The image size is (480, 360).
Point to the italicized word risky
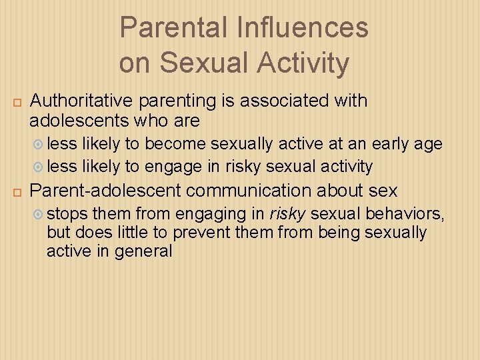[287, 214]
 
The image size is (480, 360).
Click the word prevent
[199, 233]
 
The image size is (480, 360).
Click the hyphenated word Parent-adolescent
[106, 191]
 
